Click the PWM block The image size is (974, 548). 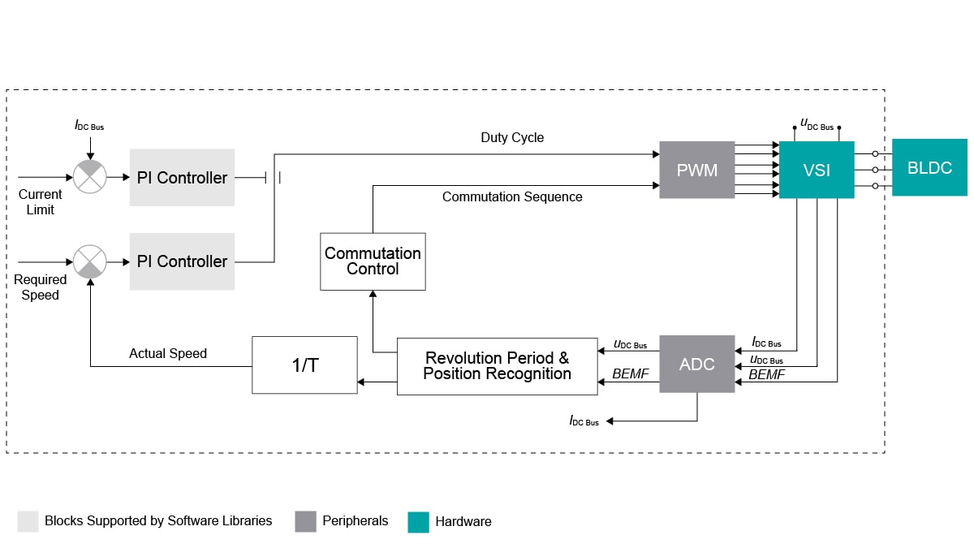coord(696,170)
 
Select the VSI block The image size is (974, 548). coord(817,170)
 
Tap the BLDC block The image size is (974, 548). coord(929,168)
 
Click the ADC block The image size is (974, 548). coord(696,364)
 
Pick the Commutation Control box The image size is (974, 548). coord(373,261)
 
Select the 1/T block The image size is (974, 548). coord(304,365)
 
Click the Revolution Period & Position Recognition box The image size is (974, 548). coord(497,366)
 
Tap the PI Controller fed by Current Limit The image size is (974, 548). coord(182,177)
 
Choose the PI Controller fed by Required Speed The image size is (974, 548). coord(182,261)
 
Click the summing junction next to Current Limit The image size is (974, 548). coord(90,177)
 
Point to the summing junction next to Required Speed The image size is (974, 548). coord(90,261)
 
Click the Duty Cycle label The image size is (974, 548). coord(512,138)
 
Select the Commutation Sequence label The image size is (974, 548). coord(512,196)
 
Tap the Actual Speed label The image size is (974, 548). coord(168,353)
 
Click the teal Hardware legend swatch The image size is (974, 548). coord(418,521)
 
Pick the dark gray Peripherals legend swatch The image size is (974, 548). coord(305,521)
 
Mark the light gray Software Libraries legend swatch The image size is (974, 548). coord(28,521)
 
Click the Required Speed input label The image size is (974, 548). coord(40,287)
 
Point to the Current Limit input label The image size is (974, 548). coord(40,202)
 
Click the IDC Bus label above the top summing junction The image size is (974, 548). coord(89,126)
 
